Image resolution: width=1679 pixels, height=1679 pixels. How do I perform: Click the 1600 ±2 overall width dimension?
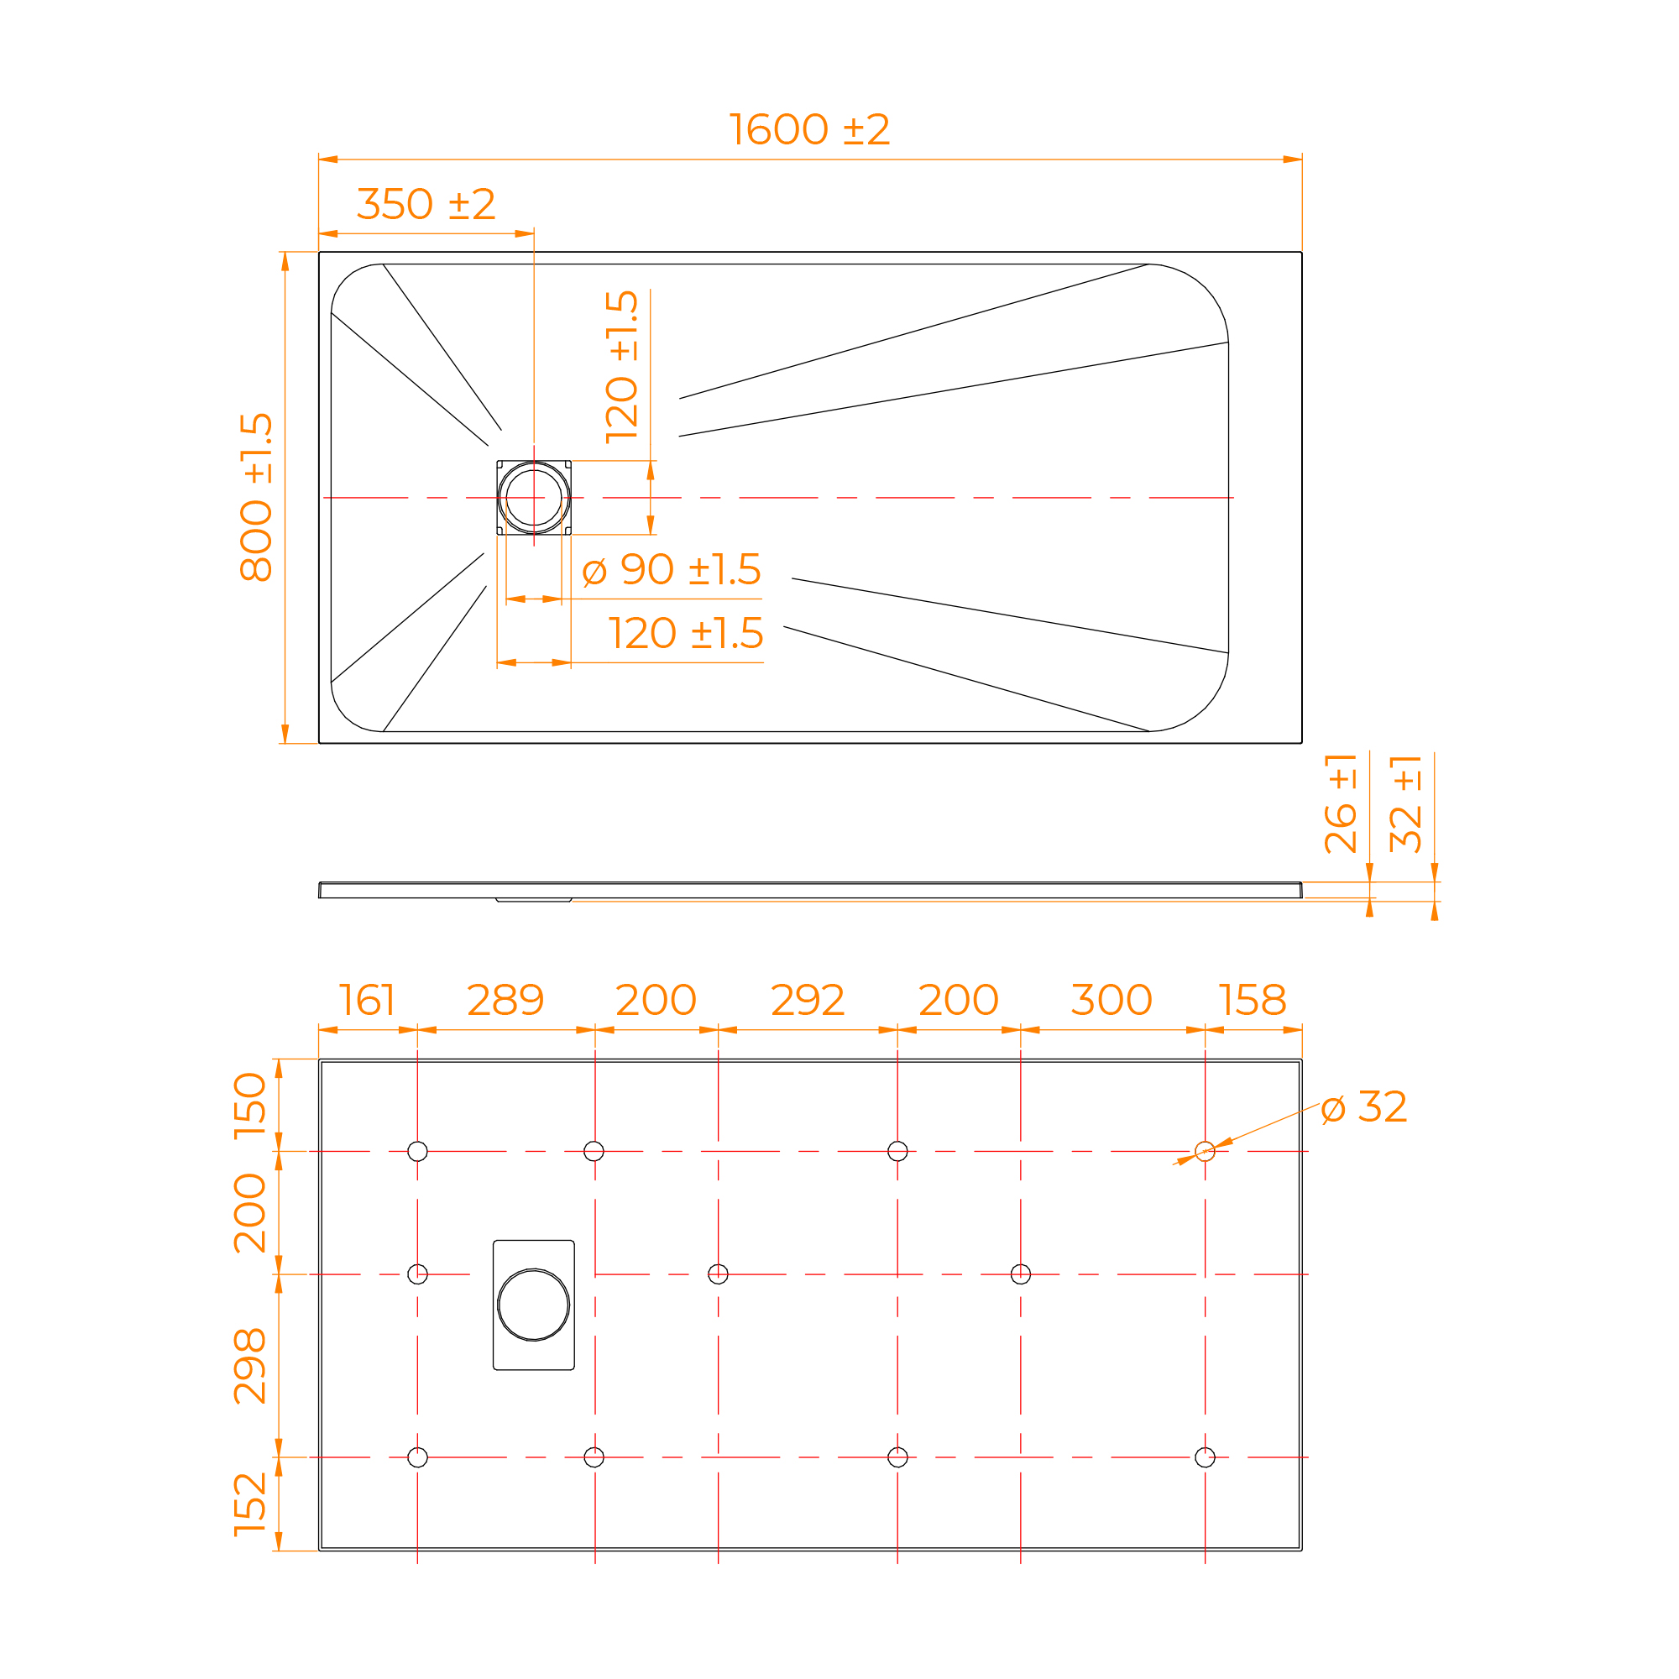[809, 129]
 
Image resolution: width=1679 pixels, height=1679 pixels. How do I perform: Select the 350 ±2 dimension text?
[426, 204]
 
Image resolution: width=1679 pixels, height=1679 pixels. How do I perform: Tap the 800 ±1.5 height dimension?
[256, 497]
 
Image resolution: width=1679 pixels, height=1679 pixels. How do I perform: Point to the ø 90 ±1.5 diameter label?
[672, 569]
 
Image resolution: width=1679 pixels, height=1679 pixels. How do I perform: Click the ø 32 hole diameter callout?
[1363, 1107]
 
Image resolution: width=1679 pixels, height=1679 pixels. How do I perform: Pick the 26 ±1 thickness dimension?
[1340, 804]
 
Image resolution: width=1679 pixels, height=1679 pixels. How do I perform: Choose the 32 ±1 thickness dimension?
[1405, 804]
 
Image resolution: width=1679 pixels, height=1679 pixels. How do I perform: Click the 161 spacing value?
[367, 1001]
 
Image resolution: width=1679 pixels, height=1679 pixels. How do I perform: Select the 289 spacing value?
[505, 1001]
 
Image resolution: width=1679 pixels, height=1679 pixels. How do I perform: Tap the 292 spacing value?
[808, 1001]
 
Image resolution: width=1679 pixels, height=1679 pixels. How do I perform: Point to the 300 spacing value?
[1111, 1001]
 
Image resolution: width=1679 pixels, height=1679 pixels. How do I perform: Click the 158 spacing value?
[1253, 1001]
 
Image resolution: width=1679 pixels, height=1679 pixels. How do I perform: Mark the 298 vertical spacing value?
[249, 1366]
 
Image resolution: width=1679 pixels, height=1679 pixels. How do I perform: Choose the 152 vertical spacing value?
[249, 1505]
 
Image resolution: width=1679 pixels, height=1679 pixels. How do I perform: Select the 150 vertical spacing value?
[249, 1106]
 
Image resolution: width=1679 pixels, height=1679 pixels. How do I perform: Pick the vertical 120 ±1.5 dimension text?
[622, 367]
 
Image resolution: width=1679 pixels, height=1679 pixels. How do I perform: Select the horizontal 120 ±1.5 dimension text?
[686, 634]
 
